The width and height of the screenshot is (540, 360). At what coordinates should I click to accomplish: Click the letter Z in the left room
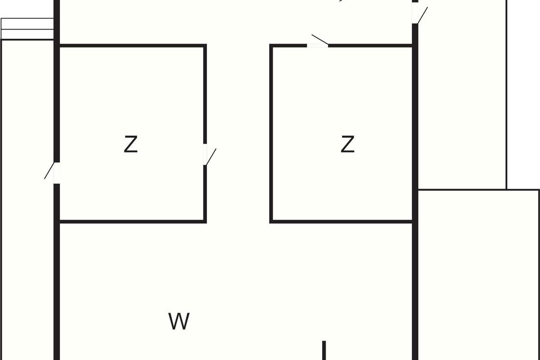point(130,144)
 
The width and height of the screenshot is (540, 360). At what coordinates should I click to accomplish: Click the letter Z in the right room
point(347,144)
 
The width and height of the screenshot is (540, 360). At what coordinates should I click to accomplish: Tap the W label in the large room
point(179,321)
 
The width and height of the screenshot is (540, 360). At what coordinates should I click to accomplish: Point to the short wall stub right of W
point(324,350)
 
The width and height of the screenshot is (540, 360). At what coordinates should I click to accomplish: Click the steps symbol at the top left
point(27,29)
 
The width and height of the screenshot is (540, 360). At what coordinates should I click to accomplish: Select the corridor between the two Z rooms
point(238,135)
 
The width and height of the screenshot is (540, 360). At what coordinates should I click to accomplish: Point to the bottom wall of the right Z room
point(342,221)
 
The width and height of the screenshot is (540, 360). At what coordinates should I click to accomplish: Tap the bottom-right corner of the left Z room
point(205,221)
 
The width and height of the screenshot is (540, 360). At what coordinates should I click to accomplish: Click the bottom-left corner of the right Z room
point(271,221)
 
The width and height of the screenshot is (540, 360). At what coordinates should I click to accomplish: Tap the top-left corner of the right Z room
point(271,45)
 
